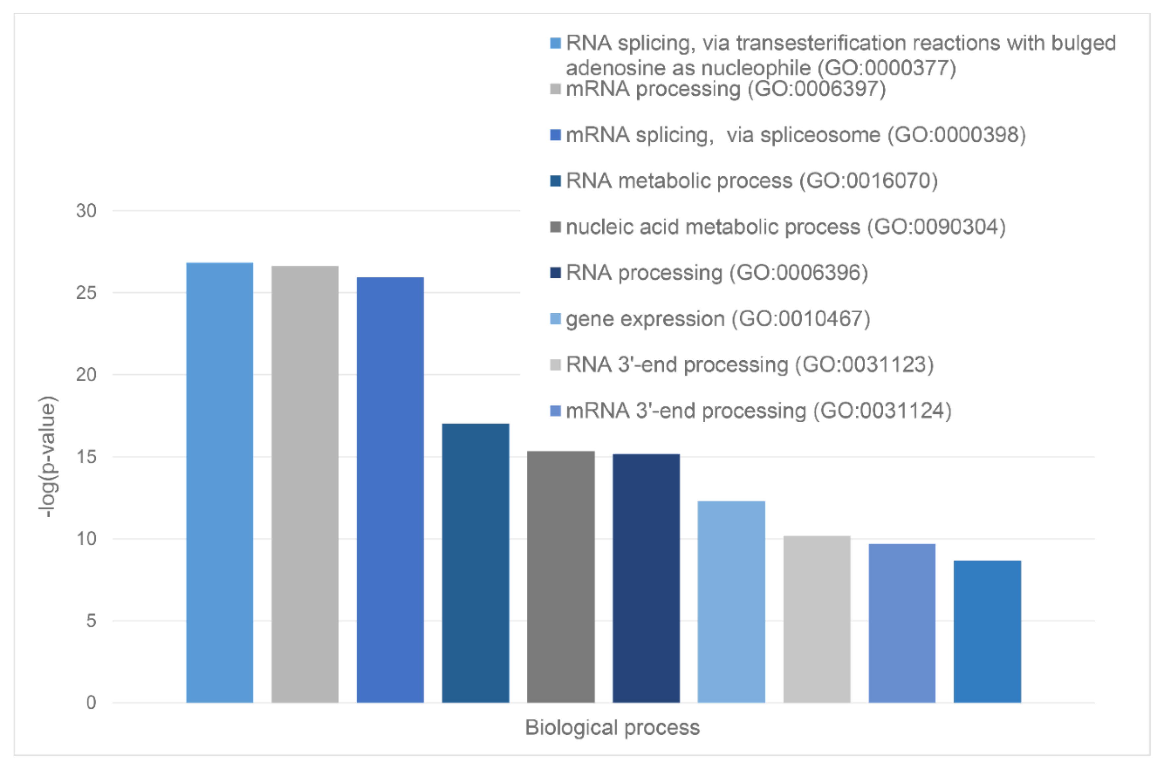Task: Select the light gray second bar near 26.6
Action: (305, 484)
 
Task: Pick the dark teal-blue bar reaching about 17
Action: (475, 563)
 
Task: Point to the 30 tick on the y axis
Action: (86, 211)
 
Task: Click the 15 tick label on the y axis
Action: (86, 457)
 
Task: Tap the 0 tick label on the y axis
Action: (91, 703)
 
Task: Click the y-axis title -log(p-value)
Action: (48, 456)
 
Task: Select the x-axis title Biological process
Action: (612, 727)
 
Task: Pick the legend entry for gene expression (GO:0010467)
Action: (718, 319)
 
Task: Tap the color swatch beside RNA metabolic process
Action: (555, 181)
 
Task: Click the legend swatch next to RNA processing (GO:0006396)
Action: (555, 273)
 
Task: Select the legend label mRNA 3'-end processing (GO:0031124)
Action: (758, 411)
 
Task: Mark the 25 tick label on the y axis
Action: (86, 293)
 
